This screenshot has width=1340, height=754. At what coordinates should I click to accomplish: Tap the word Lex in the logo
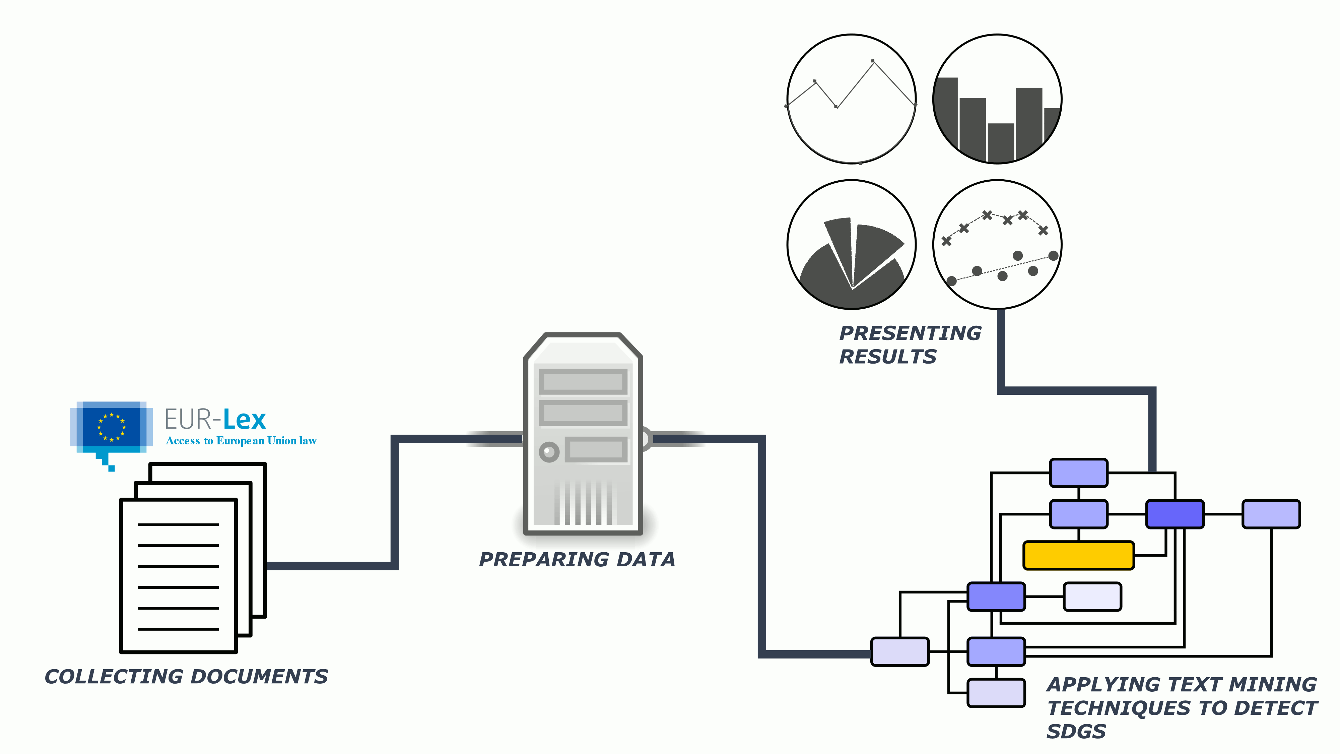[245, 420]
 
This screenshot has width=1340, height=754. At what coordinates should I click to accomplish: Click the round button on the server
[549, 452]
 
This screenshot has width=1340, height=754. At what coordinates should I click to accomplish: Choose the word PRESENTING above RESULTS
[910, 333]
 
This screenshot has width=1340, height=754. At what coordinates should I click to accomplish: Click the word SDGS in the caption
[1076, 731]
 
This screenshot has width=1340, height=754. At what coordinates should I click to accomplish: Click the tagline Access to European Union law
[241, 441]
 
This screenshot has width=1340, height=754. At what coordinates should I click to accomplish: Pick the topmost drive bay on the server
[583, 382]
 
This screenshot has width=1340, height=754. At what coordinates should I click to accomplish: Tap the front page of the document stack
[179, 575]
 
